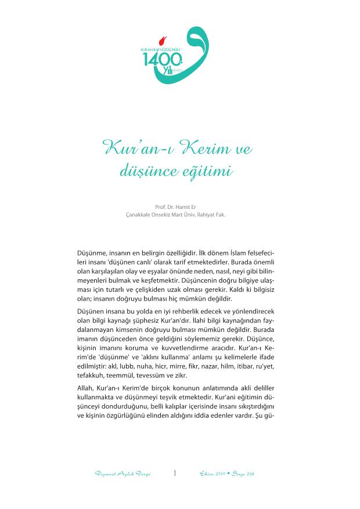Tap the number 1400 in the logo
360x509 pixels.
pos(156,60)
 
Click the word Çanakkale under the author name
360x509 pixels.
pos(140,214)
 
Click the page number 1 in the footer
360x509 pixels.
pos(175,473)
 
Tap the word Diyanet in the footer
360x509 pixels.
pos(104,474)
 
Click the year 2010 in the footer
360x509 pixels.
pos(220,474)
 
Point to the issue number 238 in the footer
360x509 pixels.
pos(249,474)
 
